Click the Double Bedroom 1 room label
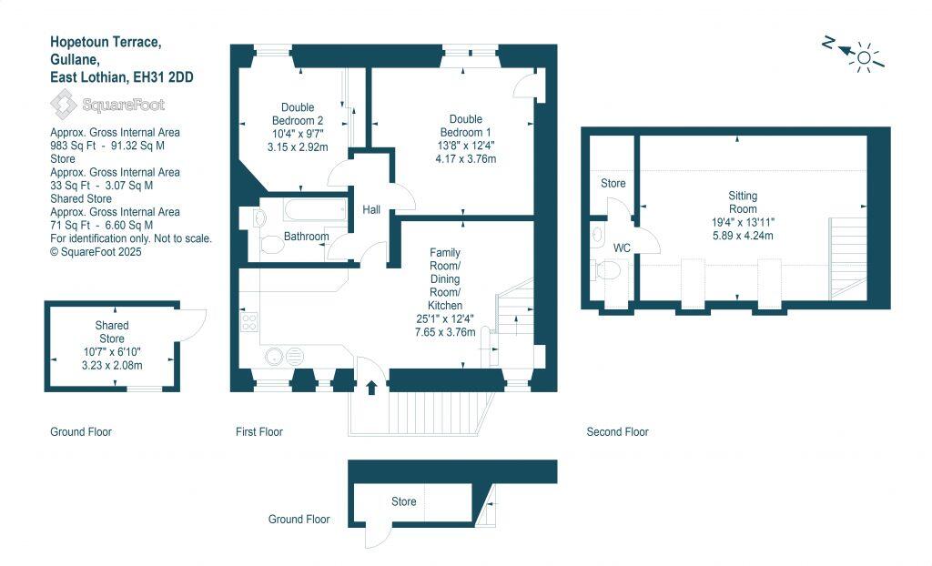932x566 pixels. click(x=465, y=126)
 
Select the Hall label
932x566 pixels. click(x=371, y=210)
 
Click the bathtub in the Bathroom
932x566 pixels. click(x=301, y=212)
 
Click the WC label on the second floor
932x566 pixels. click(x=622, y=248)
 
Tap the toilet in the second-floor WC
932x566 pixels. click(x=607, y=270)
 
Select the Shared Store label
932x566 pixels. click(x=112, y=331)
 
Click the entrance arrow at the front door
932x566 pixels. click(x=371, y=389)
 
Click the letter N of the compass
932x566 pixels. click(x=828, y=43)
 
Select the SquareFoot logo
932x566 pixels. click(x=106, y=105)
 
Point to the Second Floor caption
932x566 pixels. click(x=617, y=432)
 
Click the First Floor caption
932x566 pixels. click(x=258, y=432)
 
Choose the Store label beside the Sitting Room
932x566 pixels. click(x=613, y=183)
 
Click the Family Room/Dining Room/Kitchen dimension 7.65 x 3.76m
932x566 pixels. click(x=445, y=332)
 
